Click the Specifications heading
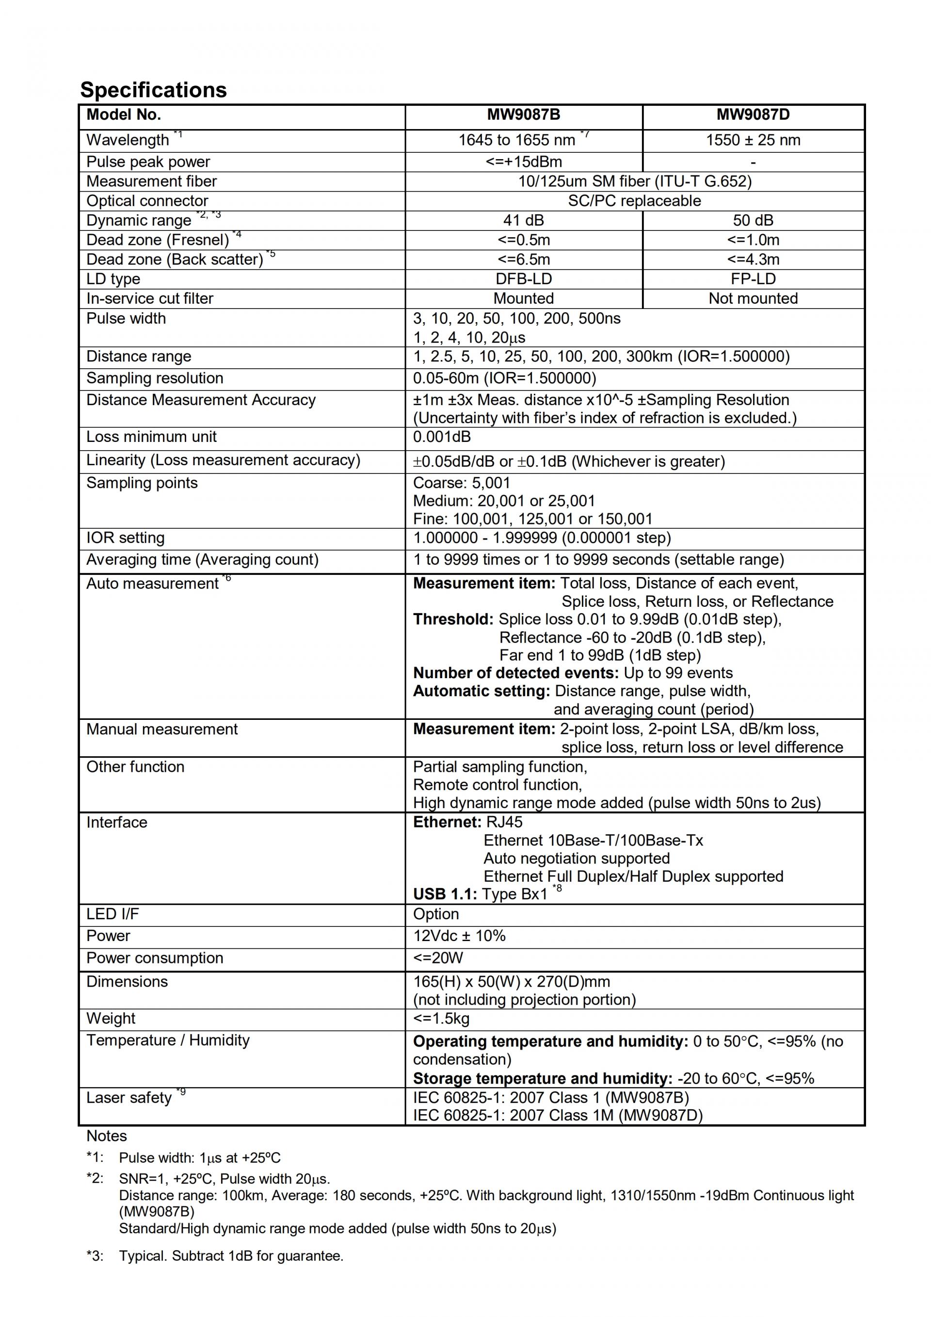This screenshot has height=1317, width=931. tap(153, 90)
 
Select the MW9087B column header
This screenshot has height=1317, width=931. tap(523, 114)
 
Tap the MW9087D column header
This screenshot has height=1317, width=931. tap(753, 114)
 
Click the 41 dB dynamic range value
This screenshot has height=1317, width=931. tap(523, 220)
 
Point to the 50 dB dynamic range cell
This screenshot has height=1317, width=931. tap(753, 220)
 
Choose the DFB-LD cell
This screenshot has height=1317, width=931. tap(523, 279)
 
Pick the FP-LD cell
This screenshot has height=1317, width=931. tap(753, 279)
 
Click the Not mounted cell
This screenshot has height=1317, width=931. tap(753, 298)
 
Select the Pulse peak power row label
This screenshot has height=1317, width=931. tap(148, 162)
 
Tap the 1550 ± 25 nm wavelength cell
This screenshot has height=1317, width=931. tap(753, 140)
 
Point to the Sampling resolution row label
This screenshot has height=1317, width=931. tap(155, 378)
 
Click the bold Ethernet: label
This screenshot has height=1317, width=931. tap(447, 822)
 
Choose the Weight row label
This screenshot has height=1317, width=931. tap(111, 1018)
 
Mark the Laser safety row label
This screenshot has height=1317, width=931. tap(129, 1097)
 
